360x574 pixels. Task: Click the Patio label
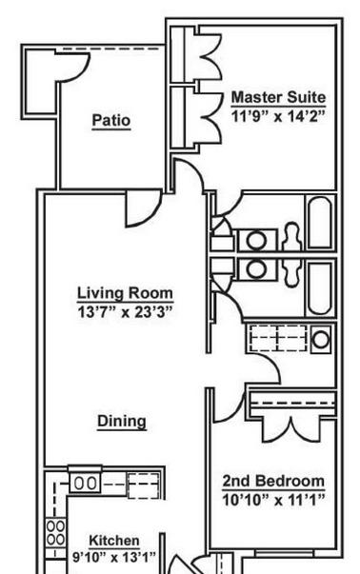[111, 120]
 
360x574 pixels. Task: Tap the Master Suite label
[278, 97]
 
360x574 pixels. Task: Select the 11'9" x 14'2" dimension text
[278, 116]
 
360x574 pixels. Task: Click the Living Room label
[125, 293]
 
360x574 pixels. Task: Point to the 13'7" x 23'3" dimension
[125, 312]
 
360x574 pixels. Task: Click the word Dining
[122, 422]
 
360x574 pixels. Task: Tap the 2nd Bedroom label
[273, 481]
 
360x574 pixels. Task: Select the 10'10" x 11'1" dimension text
[273, 500]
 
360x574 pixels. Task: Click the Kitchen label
[114, 541]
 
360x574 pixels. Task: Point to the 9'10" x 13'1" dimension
[114, 557]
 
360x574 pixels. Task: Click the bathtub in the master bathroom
[320, 223]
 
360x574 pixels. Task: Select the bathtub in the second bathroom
[321, 288]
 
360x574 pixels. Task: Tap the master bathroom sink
[256, 240]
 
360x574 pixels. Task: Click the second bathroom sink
[256, 269]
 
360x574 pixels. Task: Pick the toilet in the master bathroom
[292, 236]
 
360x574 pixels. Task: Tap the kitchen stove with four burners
[55, 533]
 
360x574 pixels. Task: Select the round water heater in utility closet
[321, 339]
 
